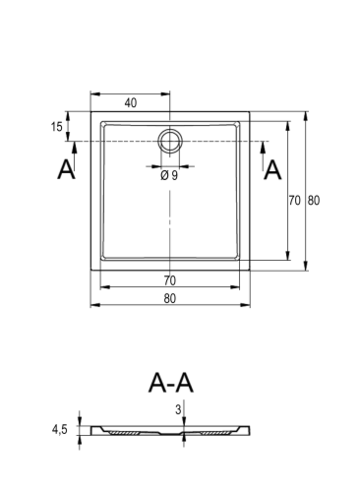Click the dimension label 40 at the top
click(x=131, y=103)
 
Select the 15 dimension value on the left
click(x=56, y=127)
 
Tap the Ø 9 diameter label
click(x=169, y=175)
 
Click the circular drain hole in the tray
click(x=169, y=141)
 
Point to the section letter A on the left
click(x=66, y=169)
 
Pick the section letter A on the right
click(x=272, y=170)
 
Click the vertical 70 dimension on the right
click(x=294, y=200)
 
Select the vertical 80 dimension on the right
click(x=314, y=200)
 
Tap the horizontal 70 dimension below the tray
click(x=169, y=280)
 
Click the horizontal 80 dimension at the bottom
click(x=169, y=298)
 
